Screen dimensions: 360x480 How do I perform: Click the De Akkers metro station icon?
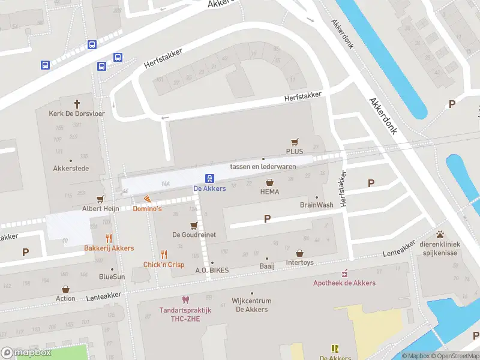pyautogui.click(x=210, y=178)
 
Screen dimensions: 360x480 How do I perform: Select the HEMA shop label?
pyautogui.click(x=270, y=192)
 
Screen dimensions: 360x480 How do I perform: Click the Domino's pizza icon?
pyautogui.click(x=147, y=199)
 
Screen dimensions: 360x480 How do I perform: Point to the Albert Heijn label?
pyautogui.click(x=101, y=208)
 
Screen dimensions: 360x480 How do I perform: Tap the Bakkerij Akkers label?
pyautogui.click(x=109, y=248)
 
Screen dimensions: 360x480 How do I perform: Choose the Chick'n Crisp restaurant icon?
pyautogui.click(x=164, y=254)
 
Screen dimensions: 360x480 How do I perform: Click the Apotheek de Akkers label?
pyautogui.click(x=344, y=283)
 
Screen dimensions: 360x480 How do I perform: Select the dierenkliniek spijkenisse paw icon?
pyautogui.click(x=440, y=234)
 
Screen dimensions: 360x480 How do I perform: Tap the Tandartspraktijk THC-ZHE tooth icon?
pyautogui.click(x=185, y=299)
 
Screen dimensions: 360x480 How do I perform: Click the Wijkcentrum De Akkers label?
pyautogui.click(x=251, y=305)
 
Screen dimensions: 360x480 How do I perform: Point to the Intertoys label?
pyautogui.click(x=299, y=262)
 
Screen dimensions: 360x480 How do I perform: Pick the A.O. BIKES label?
pyautogui.click(x=212, y=270)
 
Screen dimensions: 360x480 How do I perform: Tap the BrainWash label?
pyautogui.click(x=316, y=205)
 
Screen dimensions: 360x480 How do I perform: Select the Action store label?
pyautogui.click(x=65, y=298)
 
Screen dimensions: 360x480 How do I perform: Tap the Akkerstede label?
pyautogui.click(x=71, y=169)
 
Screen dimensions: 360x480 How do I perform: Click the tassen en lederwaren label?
pyautogui.click(x=263, y=166)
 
